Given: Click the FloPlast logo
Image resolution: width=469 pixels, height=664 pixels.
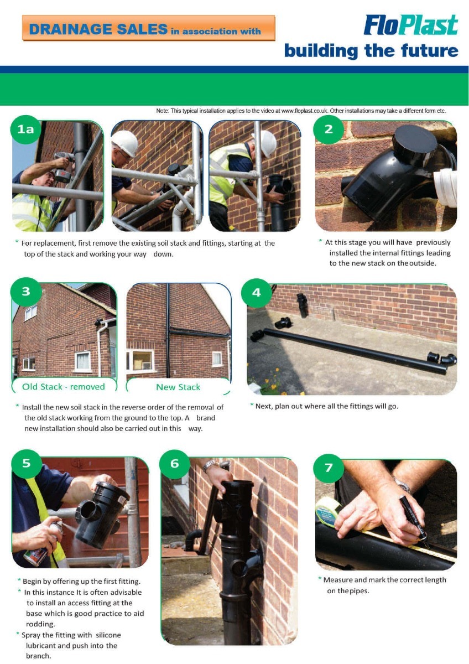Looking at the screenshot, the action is coord(410,25).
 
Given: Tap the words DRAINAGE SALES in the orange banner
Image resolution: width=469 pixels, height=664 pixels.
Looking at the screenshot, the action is coord(98,29).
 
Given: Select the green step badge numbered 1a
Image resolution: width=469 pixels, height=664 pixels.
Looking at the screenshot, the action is coord(25,129).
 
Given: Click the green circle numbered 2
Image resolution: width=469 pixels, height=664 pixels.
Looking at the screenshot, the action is coord(329,129).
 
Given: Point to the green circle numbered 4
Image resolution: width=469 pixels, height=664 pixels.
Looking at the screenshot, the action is coord(256,293).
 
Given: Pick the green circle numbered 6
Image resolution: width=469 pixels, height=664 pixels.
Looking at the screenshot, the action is coord(175,464).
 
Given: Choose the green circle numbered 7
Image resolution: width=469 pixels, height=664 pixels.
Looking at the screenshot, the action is coord(329,468).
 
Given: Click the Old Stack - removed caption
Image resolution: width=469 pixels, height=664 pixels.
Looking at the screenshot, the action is coord(64,387).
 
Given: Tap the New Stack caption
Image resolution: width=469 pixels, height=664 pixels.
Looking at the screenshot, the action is coord(178,387).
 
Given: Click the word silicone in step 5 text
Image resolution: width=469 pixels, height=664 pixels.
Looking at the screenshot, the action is coord(108,635).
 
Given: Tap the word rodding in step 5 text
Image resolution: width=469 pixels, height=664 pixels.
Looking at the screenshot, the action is coord(40,624).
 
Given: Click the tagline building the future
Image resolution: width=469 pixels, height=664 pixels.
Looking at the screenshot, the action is coord(371,50).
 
